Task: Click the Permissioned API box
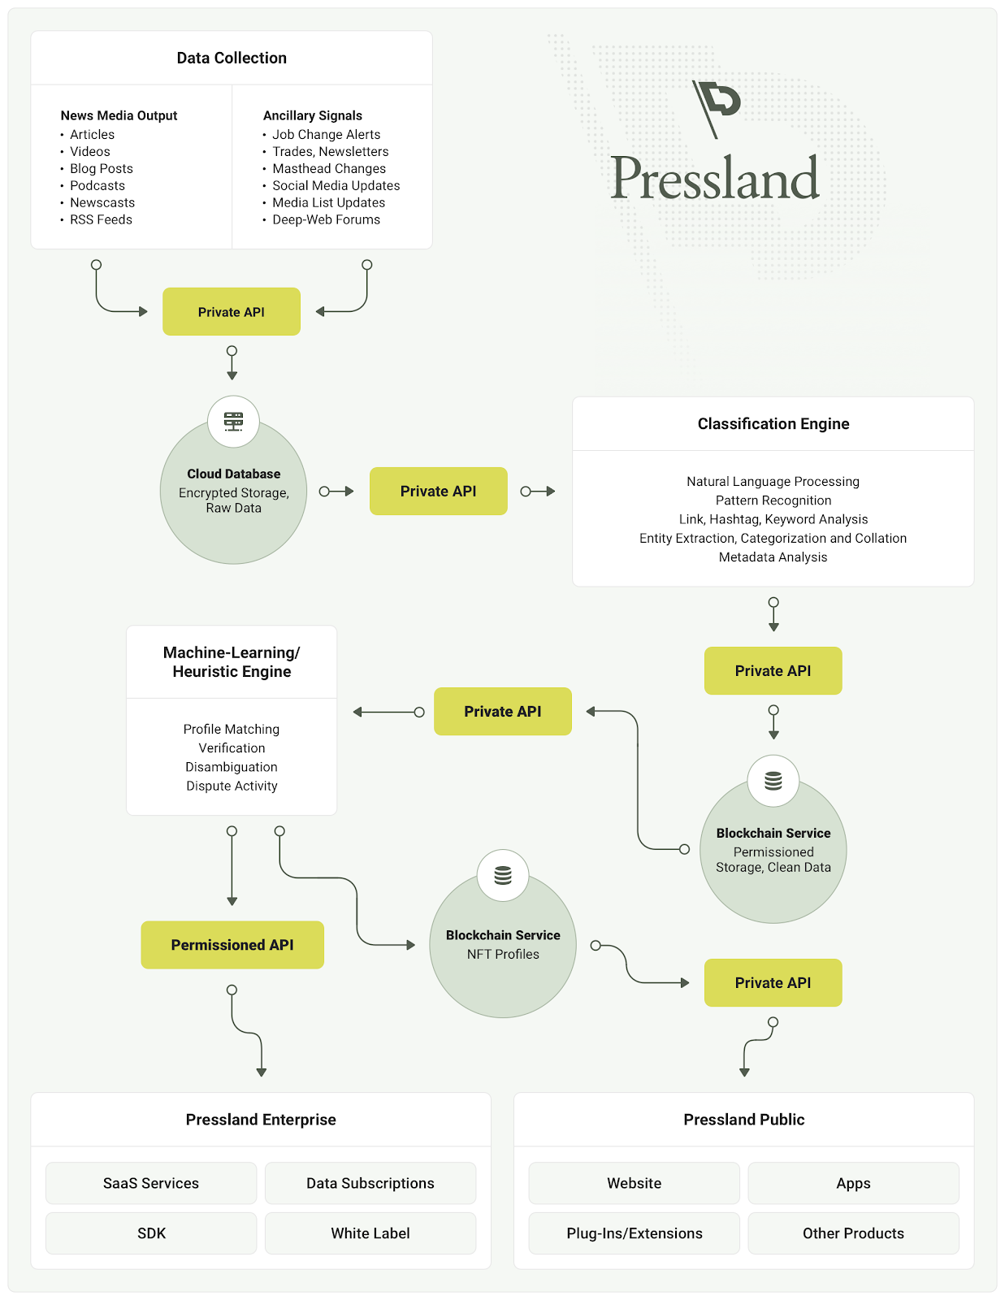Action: click(232, 945)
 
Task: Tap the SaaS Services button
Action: click(151, 1183)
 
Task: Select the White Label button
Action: click(370, 1233)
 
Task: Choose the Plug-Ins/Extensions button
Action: click(635, 1233)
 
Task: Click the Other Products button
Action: click(853, 1233)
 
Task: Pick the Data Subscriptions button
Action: click(370, 1183)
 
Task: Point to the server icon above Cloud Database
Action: click(233, 421)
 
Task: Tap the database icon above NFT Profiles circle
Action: click(503, 875)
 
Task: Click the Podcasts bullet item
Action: click(97, 185)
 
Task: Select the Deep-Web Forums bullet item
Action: click(326, 219)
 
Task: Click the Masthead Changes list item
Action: click(329, 168)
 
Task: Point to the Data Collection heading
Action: click(232, 58)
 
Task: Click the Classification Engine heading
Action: click(773, 423)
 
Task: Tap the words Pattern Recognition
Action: click(773, 500)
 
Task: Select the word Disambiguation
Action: click(232, 767)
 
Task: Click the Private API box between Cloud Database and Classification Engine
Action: click(439, 491)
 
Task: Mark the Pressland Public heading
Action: click(744, 1120)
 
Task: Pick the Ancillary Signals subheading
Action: click(313, 115)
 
